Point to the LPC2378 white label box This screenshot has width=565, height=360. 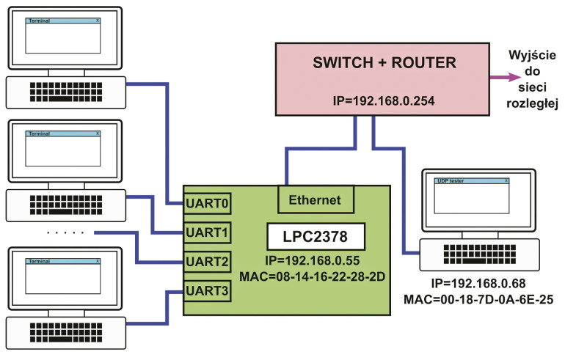coord(316,237)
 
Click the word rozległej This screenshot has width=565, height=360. coord(533,103)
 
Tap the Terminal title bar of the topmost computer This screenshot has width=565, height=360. coord(63,21)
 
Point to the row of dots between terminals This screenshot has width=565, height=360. coord(65,233)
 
